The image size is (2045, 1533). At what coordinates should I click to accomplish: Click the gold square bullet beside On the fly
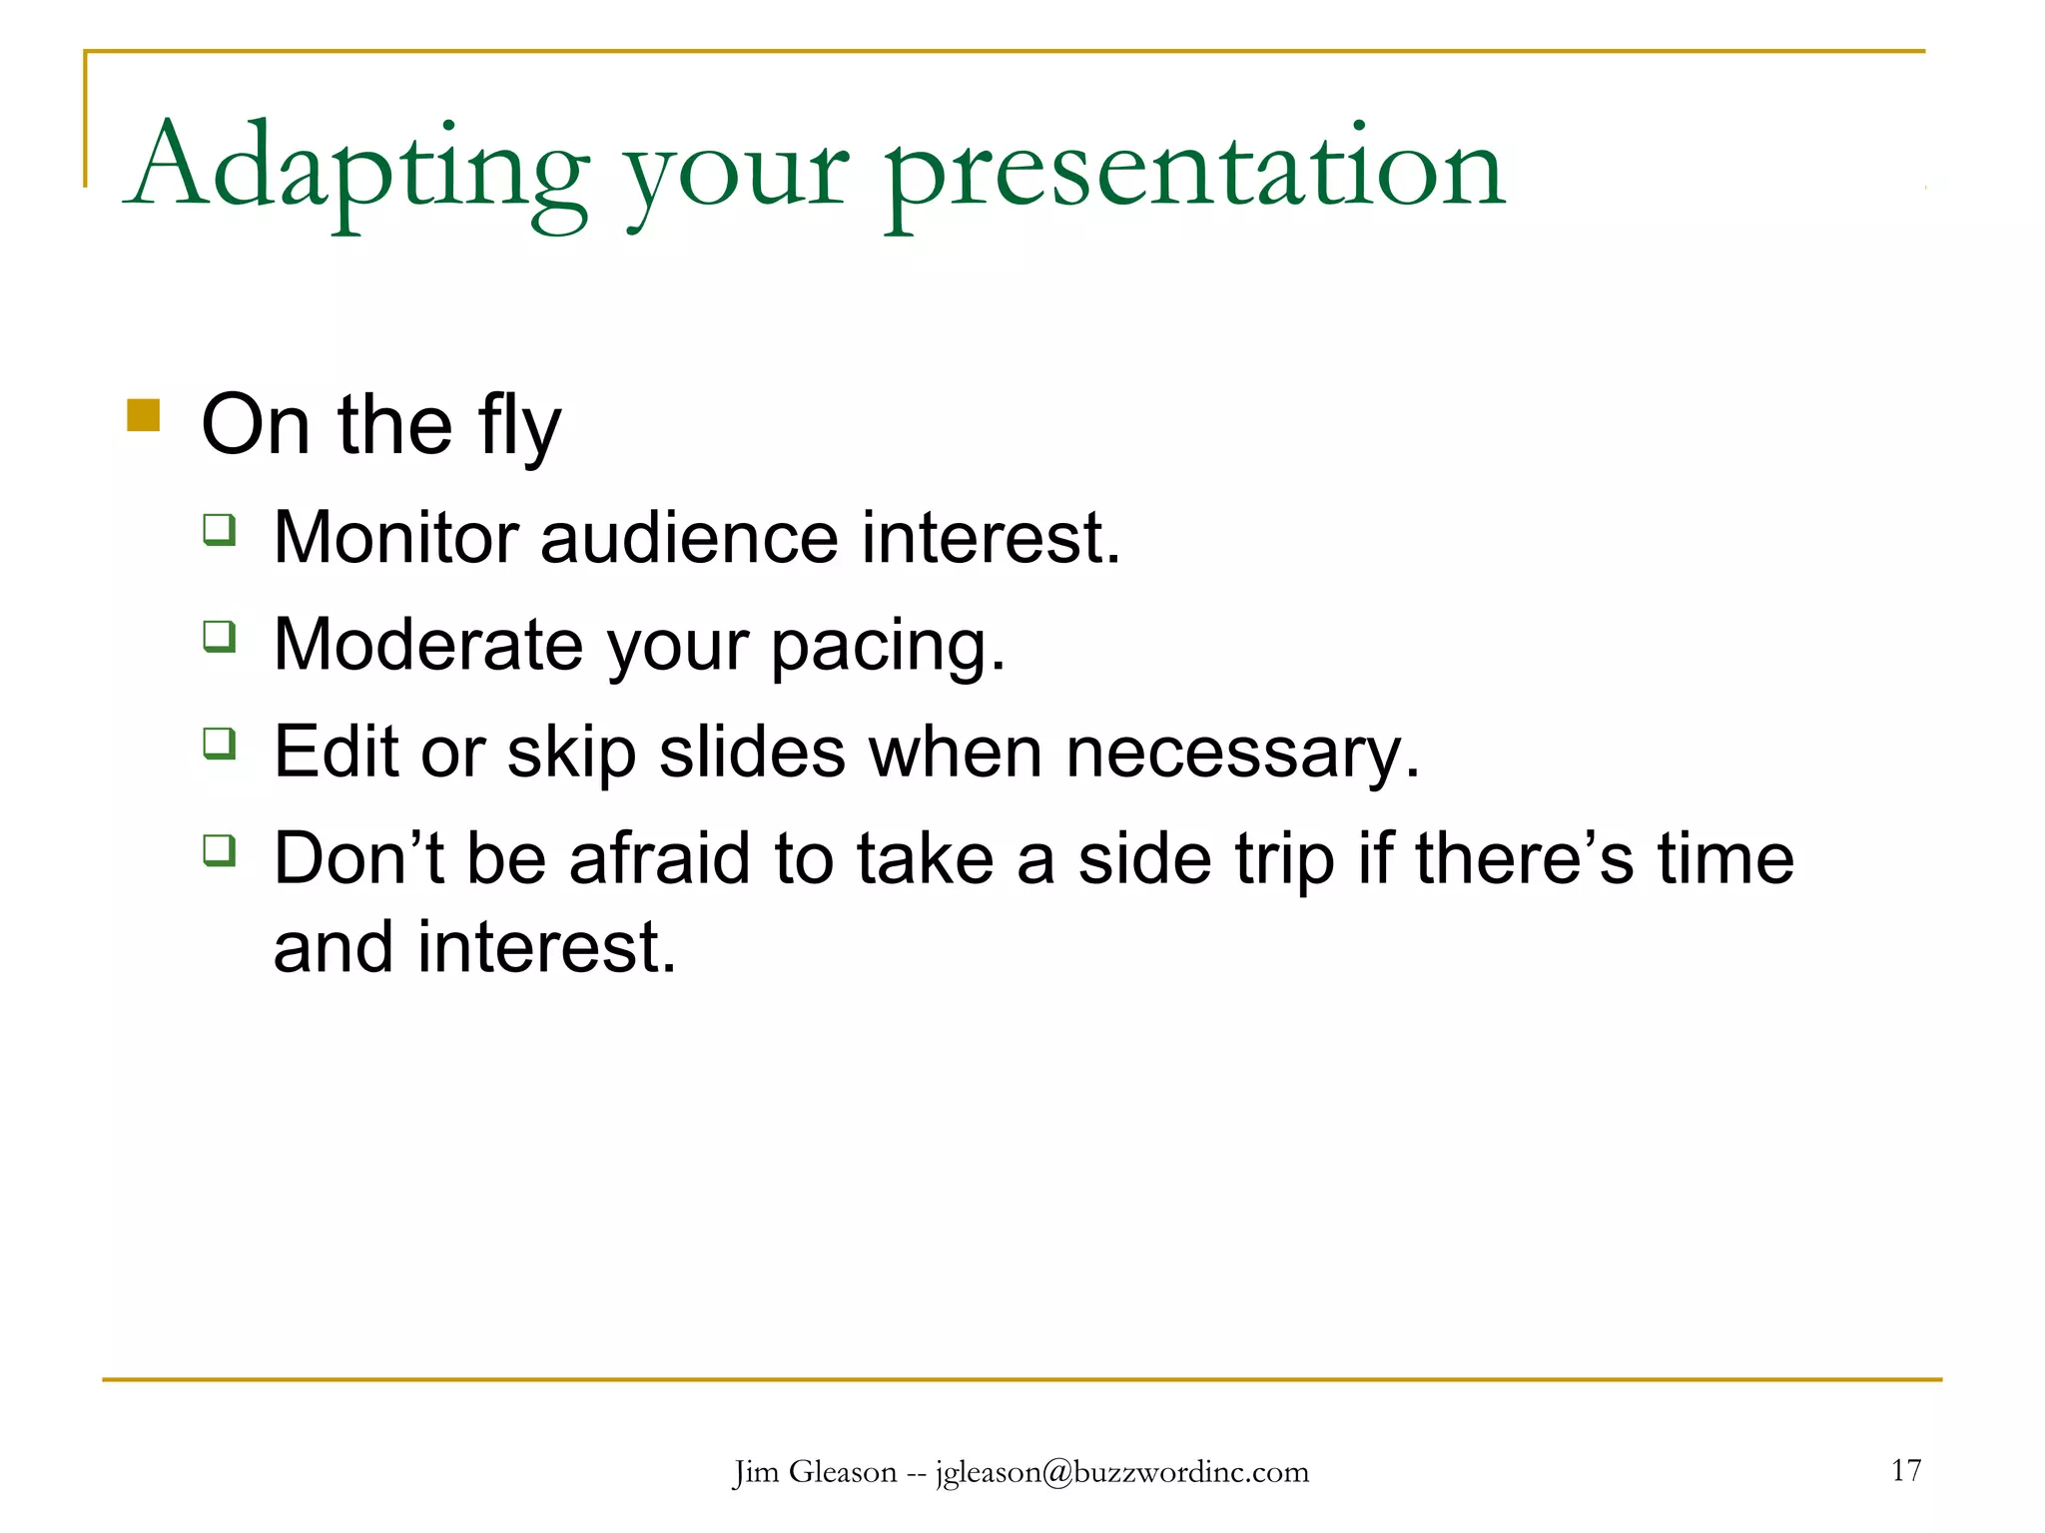pos(144,415)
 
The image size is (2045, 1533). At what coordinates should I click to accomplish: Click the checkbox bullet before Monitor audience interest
pos(220,529)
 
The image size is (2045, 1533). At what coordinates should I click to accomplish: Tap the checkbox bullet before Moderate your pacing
pos(220,636)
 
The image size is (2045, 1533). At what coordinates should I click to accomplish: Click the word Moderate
pos(427,646)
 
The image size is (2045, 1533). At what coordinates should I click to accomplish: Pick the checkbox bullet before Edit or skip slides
pos(220,744)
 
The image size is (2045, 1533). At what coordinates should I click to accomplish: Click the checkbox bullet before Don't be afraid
pos(220,850)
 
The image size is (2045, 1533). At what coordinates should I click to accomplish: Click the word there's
pos(1524,859)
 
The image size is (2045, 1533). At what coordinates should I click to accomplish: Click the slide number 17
pos(1905,1470)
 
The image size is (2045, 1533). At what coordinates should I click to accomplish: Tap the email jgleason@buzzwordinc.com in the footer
pos(1121,1473)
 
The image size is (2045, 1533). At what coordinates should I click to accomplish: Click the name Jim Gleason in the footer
pos(815,1473)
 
